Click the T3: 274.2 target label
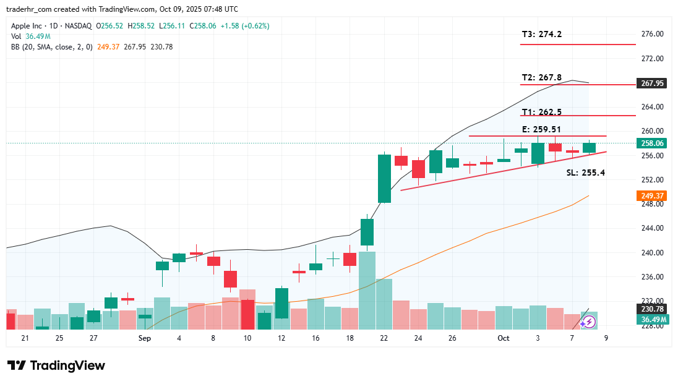(541, 34)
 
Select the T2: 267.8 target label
(541, 77)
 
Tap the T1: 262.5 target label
(541, 112)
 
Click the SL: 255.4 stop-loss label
(585, 173)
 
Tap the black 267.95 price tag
(653, 83)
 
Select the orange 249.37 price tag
(653, 195)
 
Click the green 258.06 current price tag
(653, 143)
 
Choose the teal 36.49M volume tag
(653, 319)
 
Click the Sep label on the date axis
(145, 338)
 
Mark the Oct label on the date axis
(503, 338)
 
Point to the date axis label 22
(384, 338)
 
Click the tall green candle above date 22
(384, 178)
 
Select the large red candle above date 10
(247, 314)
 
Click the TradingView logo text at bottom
(56, 365)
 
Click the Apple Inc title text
(27, 26)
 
